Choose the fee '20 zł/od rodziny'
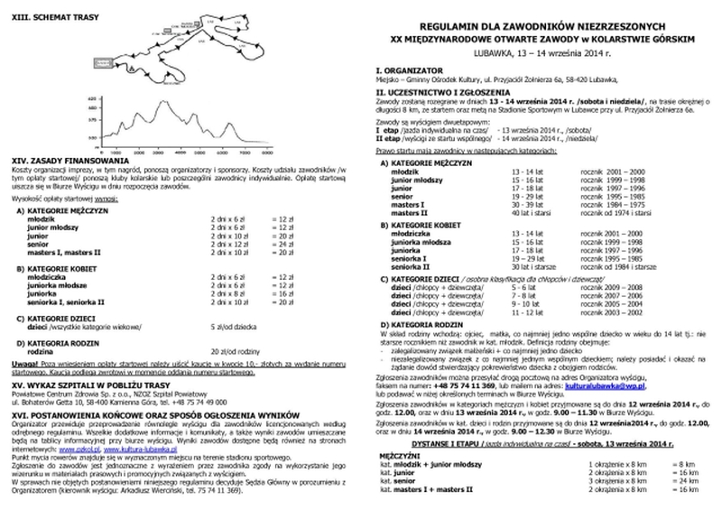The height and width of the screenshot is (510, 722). (x=232, y=350)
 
